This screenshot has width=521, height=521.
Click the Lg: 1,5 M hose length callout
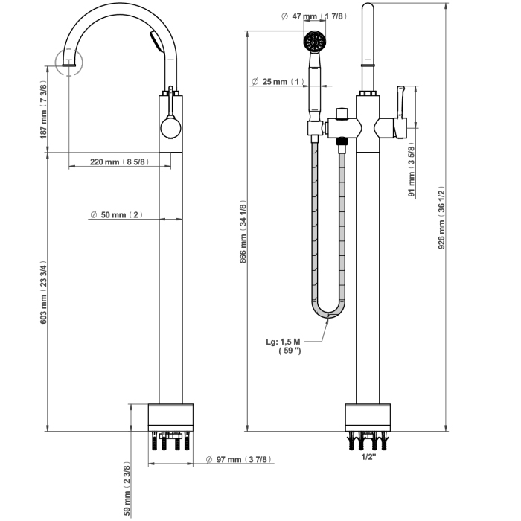284,346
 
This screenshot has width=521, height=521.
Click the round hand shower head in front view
315,42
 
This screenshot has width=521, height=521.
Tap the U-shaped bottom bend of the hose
330,313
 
